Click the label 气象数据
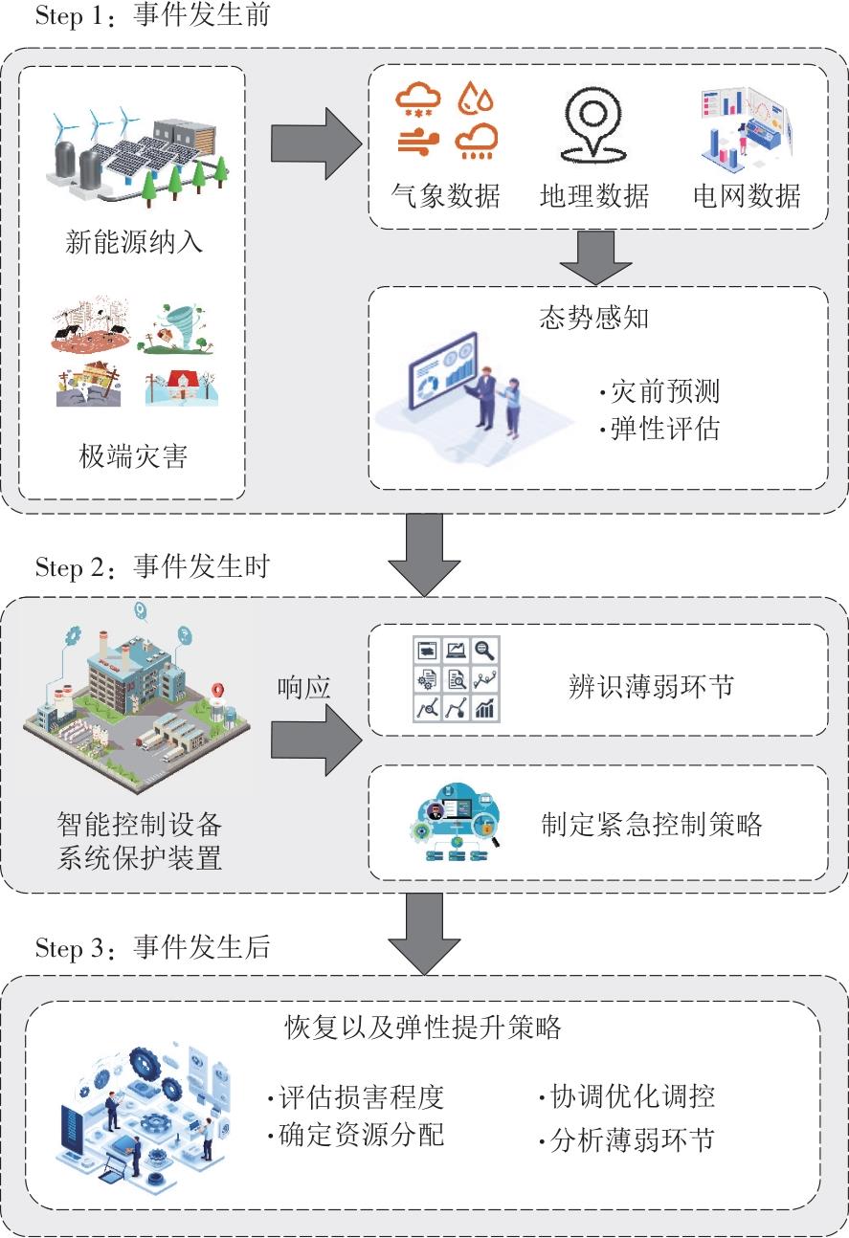click(x=445, y=195)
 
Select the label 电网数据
click(x=747, y=195)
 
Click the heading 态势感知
click(x=594, y=318)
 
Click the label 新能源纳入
click(x=134, y=242)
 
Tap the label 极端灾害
click(x=133, y=456)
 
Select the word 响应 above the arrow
click(x=303, y=688)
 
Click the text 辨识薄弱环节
click(x=651, y=687)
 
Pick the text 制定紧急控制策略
click(x=652, y=825)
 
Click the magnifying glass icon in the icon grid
click(x=484, y=651)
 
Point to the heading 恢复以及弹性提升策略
click(x=423, y=1028)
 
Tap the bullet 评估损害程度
click(x=356, y=1097)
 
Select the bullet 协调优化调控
click(x=627, y=1096)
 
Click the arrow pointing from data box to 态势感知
click(x=595, y=257)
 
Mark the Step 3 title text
click(x=152, y=947)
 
